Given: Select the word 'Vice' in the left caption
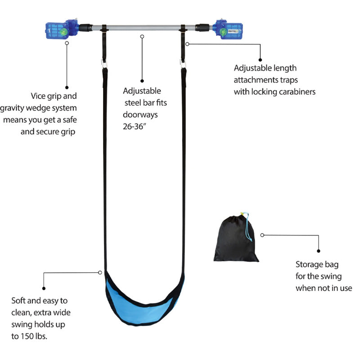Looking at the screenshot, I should (38, 96).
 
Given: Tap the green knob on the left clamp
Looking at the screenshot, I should (64, 31).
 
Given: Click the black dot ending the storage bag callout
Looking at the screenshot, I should (319, 251).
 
